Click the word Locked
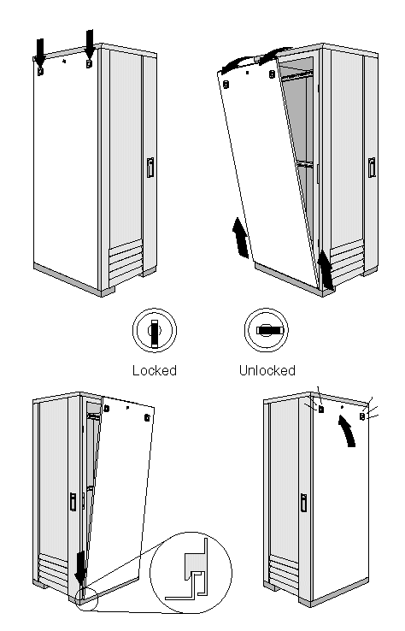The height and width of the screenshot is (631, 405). coord(155,370)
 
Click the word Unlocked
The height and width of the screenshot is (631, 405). coord(267,370)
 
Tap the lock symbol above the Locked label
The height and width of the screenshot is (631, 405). coord(155,330)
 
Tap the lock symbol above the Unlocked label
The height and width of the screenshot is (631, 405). coord(267,330)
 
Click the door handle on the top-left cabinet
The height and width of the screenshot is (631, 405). coord(150,168)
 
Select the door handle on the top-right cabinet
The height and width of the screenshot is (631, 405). coord(372,168)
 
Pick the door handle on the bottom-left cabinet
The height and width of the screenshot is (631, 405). coord(73,502)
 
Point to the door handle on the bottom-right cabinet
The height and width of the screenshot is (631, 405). coord(303,503)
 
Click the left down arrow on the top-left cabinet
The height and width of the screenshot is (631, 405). coord(41,52)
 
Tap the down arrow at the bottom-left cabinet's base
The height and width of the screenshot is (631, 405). coord(80,568)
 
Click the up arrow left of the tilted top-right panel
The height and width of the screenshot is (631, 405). coord(240,238)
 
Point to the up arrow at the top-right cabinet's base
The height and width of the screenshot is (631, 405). coord(326,269)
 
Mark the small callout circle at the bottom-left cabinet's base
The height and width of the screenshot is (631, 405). coord(85,599)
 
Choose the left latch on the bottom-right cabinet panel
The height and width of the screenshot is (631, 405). coord(321,409)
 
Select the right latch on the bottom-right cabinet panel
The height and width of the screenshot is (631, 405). coord(362,416)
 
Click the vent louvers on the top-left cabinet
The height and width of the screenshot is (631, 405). coord(126,262)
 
